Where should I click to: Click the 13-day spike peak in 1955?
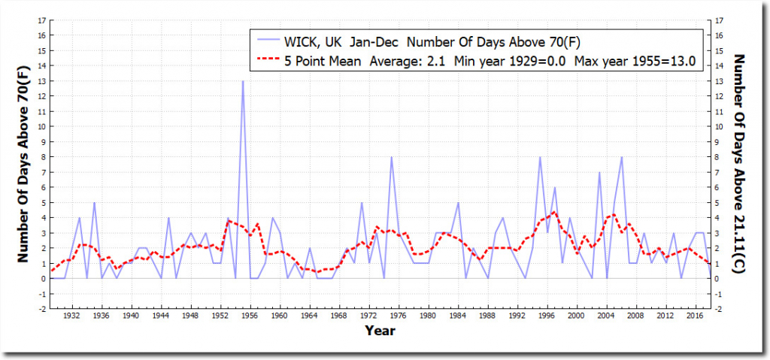click(x=242, y=81)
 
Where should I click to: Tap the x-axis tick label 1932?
click(x=72, y=316)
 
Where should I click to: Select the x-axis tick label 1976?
click(x=399, y=316)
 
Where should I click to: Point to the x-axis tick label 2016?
click(x=695, y=316)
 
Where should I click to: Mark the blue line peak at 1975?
click(x=391, y=157)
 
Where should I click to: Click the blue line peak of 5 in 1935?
click(x=94, y=203)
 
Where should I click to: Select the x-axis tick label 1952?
click(x=220, y=316)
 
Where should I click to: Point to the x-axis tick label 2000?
click(x=576, y=316)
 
